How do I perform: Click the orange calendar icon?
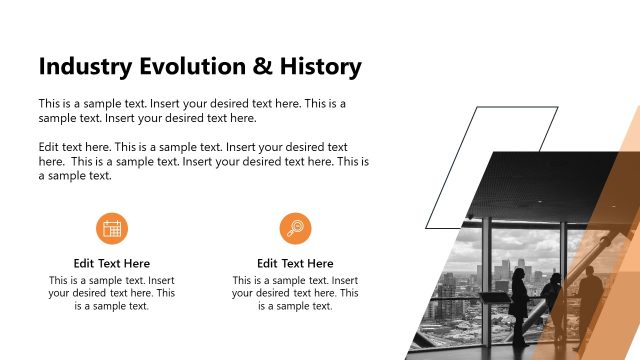(112, 228)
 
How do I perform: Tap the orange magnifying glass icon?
(295, 228)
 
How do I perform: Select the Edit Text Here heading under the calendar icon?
(112, 263)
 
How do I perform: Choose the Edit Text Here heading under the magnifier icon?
(295, 263)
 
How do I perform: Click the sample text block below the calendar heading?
(112, 293)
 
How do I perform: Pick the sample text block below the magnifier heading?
(295, 293)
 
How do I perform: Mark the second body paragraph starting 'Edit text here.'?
(204, 161)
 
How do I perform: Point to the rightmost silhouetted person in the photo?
(590, 300)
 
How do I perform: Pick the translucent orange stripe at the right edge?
(628, 200)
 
